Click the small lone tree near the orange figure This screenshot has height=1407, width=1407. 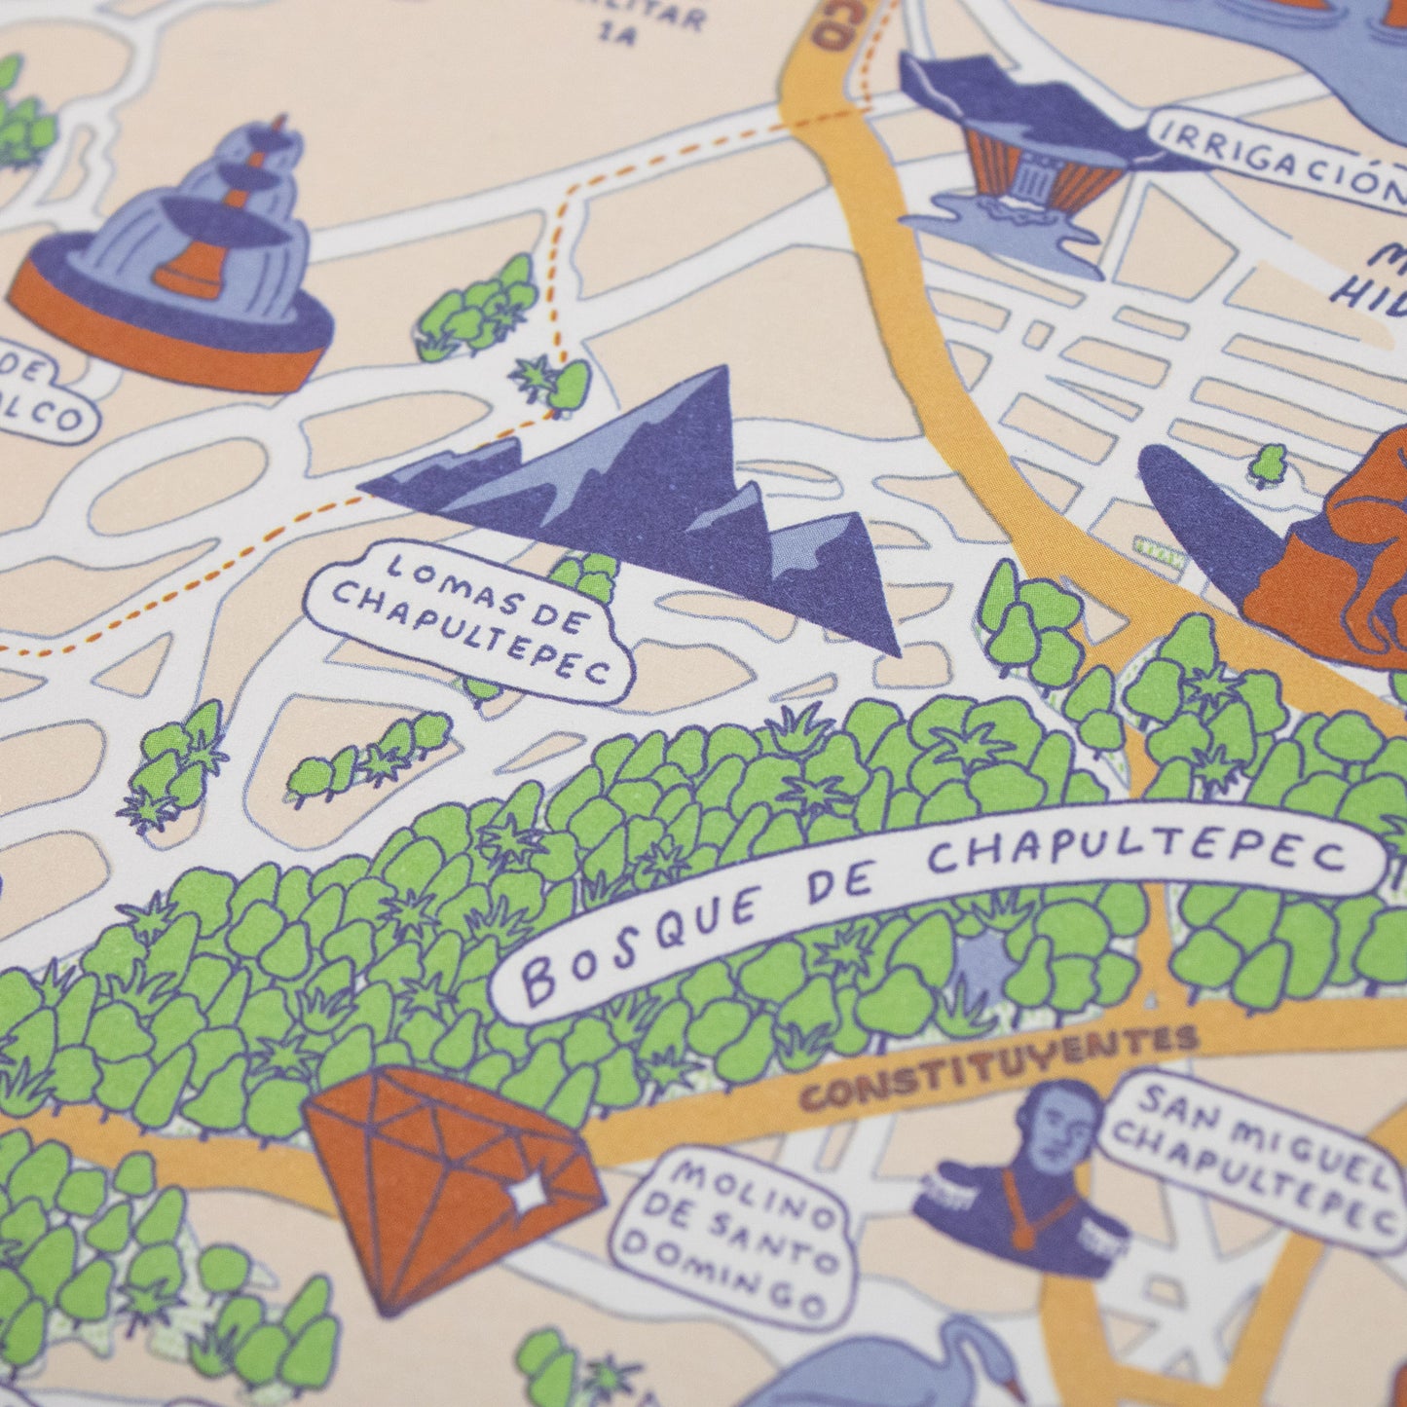(1268, 463)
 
